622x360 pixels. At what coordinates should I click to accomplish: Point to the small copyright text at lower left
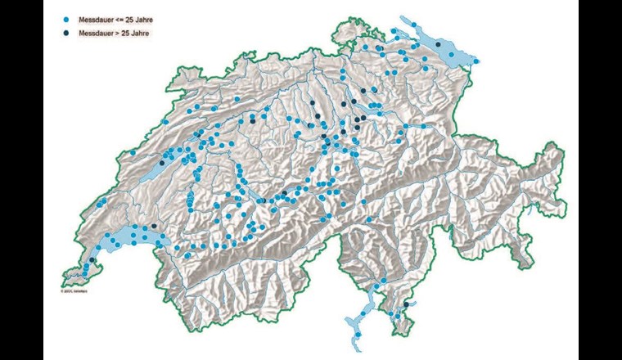coord(73,290)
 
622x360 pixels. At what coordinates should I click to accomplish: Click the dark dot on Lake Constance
coord(438,44)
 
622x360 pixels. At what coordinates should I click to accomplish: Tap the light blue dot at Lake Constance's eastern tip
coord(476,61)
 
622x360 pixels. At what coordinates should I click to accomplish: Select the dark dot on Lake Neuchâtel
coord(162,163)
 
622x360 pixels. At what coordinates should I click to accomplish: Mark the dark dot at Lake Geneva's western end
coord(92,260)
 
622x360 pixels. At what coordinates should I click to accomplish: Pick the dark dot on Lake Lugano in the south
coord(406,304)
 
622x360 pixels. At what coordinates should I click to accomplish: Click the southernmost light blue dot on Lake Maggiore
coord(356,334)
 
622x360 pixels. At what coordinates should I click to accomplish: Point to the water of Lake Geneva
coord(127,237)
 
